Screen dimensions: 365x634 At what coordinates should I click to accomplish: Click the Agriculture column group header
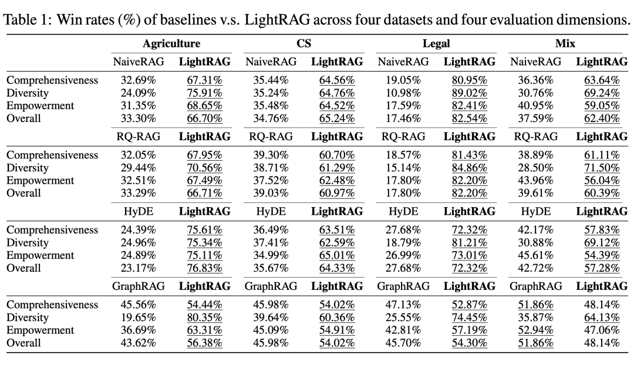pyautogui.click(x=171, y=44)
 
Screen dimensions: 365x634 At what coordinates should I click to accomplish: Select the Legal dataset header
pyautogui.click(x=436, y=44)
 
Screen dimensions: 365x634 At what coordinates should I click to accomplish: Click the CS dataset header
pyautogui.click(x=303, y=44)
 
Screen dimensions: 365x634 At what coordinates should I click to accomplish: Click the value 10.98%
pyautogui.click(x=403, y=93)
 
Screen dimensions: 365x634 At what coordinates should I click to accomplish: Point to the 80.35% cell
pyautogui.click(x=204, y=317)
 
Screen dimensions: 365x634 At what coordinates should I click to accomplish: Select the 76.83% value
pyautogui.click(x=204, y=268)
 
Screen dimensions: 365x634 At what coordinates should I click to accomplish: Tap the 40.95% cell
pyautogui.click(x=535, y=106)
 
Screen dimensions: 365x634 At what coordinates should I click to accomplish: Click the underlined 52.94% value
pyautogui.click(x=535, y=330)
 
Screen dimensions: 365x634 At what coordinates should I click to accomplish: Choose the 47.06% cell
pyautogui.click(x=602, y=330)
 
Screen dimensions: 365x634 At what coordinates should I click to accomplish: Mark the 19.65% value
pyautogui.click(x=138, y=317)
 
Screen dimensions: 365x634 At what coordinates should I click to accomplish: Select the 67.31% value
pyautogui.click(x=204, y=80)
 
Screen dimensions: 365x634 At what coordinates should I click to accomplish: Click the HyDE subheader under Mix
pyautogui.click(x=535, y=211)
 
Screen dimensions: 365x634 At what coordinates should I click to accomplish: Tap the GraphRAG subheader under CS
pyautogui.click(x=271, y=286)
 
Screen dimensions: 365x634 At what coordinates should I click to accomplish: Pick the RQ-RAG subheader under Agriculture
pyautogui.click(x=138, y=137)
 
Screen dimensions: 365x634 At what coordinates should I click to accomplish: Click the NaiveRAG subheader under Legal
pyautogui.click(x=403, y=62)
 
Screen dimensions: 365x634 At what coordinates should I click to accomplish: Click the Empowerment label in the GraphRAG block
pyautogui.click(x=40, y=330)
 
